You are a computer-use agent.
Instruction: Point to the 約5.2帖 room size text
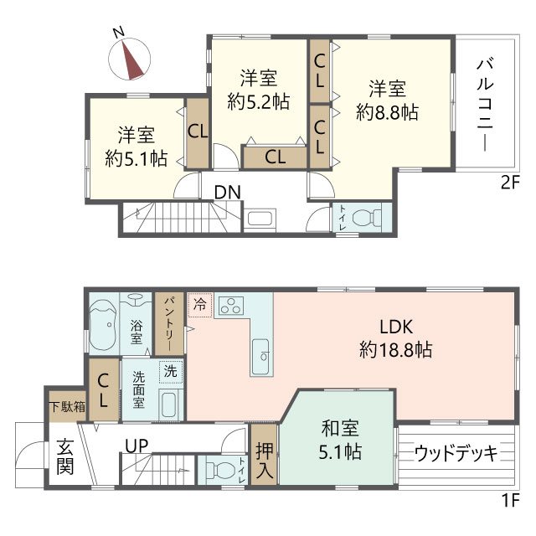tap(259, 102)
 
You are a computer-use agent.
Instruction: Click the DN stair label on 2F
tap(227, 193)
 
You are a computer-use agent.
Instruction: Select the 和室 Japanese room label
tap(340, 430)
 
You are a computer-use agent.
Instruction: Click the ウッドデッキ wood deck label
tap(456, 453)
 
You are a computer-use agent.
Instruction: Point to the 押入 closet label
tap(264, 460)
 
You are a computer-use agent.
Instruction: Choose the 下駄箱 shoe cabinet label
tap(66, 408)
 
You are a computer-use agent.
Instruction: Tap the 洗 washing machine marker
tap(170, 368)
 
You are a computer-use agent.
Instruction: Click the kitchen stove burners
tap(230, 306)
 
